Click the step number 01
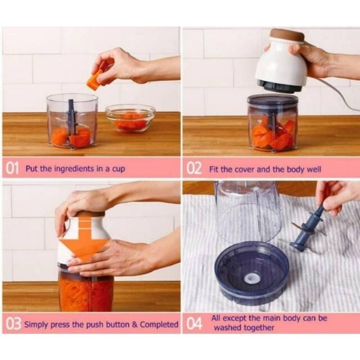click(13, 168)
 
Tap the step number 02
click(194, 168)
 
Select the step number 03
click(13, 325)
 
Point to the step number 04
click(194, 325)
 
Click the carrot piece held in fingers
click(95, 81)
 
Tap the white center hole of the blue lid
click(251, 278)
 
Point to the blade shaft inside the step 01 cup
click(71, 118)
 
